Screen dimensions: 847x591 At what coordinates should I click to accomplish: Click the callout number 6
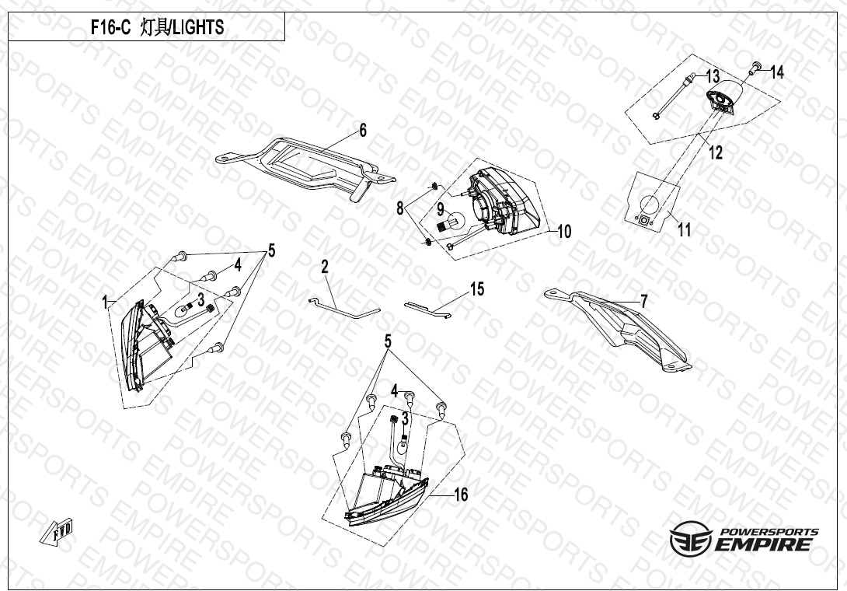tap(363, 131)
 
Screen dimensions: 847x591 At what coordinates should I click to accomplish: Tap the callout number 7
tap(643, 302)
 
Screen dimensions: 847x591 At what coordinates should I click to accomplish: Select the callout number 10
tap(564, 232)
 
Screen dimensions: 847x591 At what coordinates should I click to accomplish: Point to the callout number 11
tap(685, 230)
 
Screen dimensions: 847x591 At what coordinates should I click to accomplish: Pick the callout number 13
tap(713, 75)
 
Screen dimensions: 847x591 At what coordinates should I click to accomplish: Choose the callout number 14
tap(777, 72)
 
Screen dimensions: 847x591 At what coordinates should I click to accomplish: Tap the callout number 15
tap(477, 289)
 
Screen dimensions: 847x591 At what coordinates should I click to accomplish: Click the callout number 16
tap(461, 495)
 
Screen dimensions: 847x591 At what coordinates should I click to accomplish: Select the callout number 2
tap(325, 267)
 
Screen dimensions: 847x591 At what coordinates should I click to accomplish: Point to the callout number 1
tap(105, 302)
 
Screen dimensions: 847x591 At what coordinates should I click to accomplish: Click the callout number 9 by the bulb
tap(441, 208)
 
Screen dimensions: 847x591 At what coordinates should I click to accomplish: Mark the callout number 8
tap(399, 208)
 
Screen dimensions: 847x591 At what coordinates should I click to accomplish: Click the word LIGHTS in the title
tap(197, 27)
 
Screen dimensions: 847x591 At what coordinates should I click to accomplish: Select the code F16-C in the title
tap(110, 27)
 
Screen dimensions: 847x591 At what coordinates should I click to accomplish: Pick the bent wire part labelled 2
tap(343, 308)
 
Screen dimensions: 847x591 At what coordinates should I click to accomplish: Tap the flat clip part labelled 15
tap(428, 309)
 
